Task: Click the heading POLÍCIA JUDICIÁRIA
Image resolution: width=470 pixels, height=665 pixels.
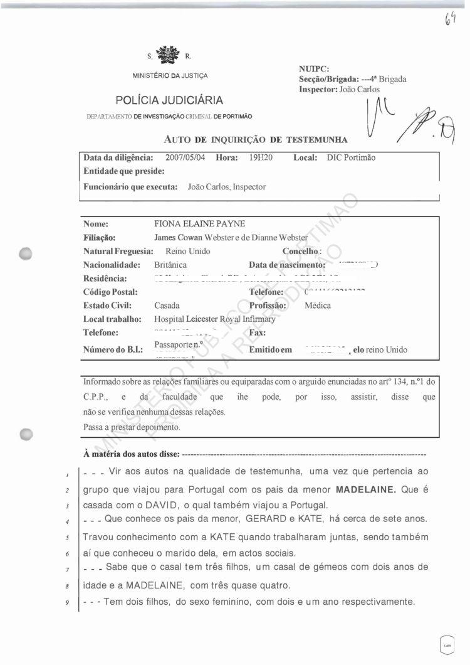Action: click(x=169, y=100)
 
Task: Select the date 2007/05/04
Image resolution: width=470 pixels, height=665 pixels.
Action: click(x=187, y=158)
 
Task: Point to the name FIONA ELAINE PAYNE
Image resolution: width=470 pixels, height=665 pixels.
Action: click(x=200, y=224)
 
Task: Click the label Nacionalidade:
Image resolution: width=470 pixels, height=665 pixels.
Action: click(x=112, y=265)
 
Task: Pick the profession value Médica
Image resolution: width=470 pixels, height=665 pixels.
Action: click(x=318, y=306)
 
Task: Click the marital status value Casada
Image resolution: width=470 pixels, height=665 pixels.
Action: click(x=167, y=306)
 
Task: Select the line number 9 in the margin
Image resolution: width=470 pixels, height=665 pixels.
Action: click(x=75, y=603)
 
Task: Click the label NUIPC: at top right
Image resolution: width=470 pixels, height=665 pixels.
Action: click(x=315, y=69)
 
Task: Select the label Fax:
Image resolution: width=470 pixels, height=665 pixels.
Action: click(x=258, y=332)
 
